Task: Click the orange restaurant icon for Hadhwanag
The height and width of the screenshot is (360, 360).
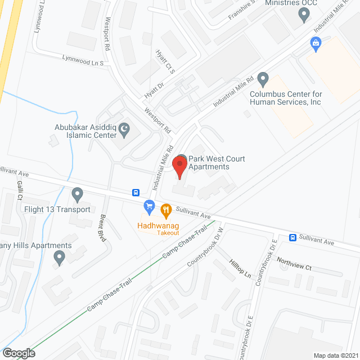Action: pyautogui.click(x=165, y=210)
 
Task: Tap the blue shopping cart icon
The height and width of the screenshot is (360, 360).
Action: pyautogui.click(x=149, y=207)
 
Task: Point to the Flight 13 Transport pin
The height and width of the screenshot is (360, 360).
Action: pyautogui.click(x=78, y=195)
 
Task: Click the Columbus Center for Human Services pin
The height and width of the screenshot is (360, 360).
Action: pyautogui.click(x=263, y=79)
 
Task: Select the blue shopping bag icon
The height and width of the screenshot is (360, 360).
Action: pyautogui.click(x=316, y=43)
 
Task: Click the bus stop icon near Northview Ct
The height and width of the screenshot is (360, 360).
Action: pyautogui.click(x=292, y=237)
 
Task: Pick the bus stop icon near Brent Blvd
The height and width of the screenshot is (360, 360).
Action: pyautogui.click(x=136, y=192)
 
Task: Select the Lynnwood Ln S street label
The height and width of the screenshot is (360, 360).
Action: pyautogui.click(x=83, y=60)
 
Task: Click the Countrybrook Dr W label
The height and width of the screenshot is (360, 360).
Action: pyautogui.click(x=205, y=244)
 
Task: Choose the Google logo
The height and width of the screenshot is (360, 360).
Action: pyautogui.click(x=18, y=353)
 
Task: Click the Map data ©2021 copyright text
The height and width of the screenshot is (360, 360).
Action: pyautogui.click(x=336, y=355)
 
